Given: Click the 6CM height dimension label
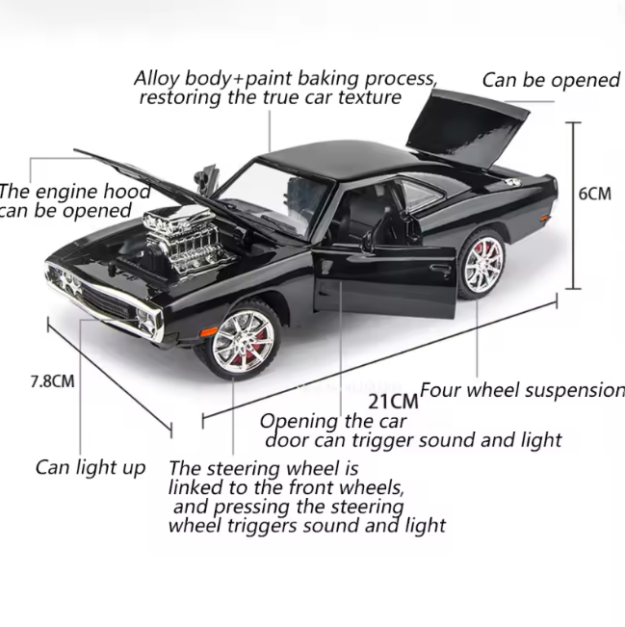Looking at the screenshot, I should coord(594,193).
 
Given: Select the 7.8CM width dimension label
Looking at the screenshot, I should coord(51,380).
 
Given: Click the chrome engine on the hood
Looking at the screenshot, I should coord(184,235).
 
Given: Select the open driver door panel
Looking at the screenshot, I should coord(383,274).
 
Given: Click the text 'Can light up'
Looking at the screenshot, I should coord(91,468).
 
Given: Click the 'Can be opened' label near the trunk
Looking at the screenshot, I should coord(551,80).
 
